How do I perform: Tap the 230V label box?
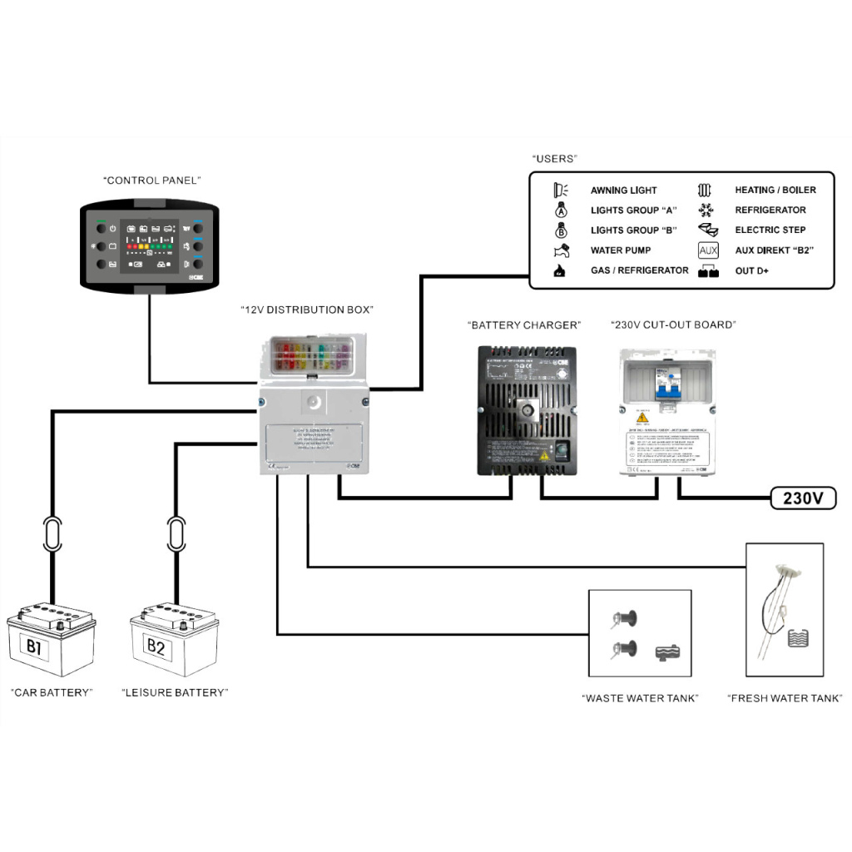point(803,498)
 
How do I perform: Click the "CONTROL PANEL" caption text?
point(152,180)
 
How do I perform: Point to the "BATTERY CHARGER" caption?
point(523,325)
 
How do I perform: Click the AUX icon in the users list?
point(708,250)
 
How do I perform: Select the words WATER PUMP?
point(621,250)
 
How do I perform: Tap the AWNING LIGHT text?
point(624,191)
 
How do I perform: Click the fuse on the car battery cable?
point(52,533)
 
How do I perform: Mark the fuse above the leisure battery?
point(176,533)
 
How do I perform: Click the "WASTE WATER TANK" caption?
point(640,698)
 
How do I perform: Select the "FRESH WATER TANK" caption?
point(785,698)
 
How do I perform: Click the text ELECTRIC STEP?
point(770,230)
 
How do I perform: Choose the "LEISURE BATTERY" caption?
point(174,692)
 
